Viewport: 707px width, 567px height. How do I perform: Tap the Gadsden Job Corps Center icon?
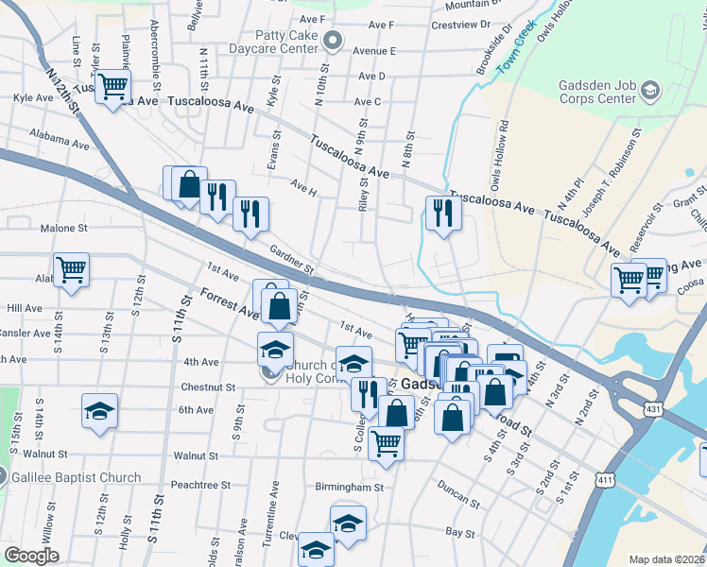click(649, 91)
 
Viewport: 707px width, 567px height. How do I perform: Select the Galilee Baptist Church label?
click(77, 477)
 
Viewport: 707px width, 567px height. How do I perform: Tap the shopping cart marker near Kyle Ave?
click(112, 88)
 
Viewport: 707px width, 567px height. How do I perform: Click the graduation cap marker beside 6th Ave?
click(99, 411)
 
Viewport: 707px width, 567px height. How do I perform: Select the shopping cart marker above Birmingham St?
click(386, 441)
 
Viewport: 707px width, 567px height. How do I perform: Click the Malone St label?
click(63, 228)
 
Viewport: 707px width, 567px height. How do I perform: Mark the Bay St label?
click(460, 533)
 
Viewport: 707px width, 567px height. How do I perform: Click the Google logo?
click(31, 556)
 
